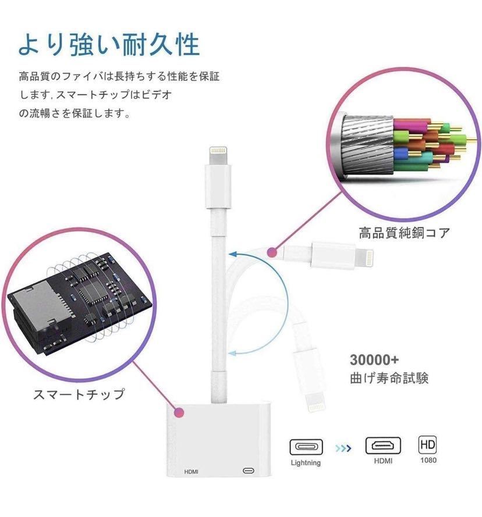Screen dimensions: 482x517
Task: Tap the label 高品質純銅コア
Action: (404, 234)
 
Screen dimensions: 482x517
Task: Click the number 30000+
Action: (374, 359)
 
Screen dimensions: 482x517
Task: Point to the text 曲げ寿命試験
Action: (389, 378)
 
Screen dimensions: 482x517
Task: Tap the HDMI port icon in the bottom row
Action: (382, 445)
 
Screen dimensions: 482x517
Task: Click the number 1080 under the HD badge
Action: (428, 460)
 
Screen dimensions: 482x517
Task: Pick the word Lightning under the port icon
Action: (306, 463)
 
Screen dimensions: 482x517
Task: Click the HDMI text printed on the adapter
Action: (192, 470)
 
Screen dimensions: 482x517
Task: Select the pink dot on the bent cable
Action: (271, 252)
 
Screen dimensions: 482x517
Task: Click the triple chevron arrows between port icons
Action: (343, 448)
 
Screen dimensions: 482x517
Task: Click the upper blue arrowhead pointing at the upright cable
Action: (232, 253)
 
